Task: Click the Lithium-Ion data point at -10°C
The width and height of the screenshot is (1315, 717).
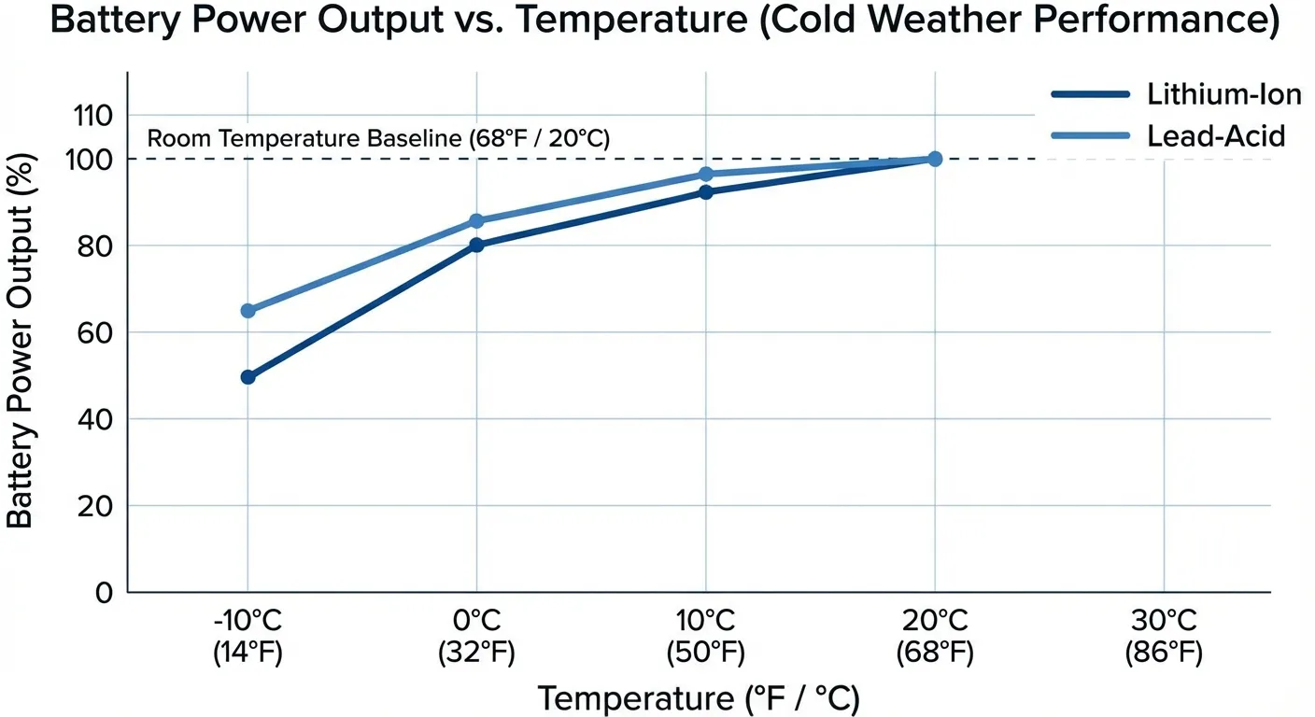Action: point(247,377)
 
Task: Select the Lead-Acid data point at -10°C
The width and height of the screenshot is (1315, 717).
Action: point(247,310)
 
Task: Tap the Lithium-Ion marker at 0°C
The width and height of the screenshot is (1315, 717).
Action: point(476,245)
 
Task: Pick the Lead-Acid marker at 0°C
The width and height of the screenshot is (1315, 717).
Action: point(476,221)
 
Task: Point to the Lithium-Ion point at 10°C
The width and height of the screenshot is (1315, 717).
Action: point(705,192)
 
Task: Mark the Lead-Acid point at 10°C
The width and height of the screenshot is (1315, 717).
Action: point(705,175)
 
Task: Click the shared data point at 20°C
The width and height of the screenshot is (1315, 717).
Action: point(934,159)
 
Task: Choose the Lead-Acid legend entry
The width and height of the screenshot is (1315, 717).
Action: point(1167,136)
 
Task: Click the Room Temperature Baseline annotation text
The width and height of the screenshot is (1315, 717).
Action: point(378,140)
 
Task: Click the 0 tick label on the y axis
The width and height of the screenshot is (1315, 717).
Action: point(103,592)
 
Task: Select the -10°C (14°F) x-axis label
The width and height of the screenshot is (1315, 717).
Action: point(247,638)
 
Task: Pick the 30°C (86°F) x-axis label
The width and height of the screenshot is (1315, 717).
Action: point(1163,638)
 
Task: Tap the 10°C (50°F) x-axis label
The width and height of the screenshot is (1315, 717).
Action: point(705,638)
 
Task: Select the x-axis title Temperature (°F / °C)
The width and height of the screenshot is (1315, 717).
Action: point(699,698)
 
